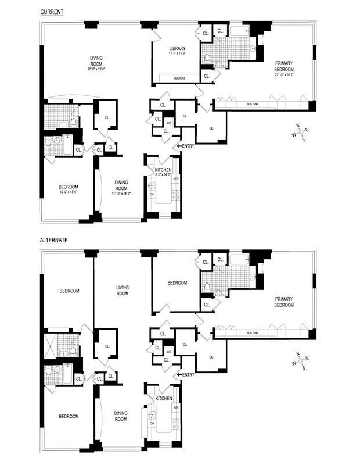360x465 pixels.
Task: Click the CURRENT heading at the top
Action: tap(51, 12)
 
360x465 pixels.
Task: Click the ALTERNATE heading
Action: tap(53, 239)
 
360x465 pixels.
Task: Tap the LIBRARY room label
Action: tap(177, 48)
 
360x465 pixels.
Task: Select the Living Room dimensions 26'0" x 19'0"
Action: tap(96, 69)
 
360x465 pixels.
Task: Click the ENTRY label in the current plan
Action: tap(187, 146)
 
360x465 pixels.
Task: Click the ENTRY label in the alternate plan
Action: tap(187, 375)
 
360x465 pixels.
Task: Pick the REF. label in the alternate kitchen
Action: tap(175, 409)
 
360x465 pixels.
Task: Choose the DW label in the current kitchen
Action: tap(152, 194)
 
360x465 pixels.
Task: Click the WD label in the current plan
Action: tap(168, 123)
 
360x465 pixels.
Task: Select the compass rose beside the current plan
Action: tap(301, 131)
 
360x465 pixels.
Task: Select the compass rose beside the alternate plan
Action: tap(301, 360)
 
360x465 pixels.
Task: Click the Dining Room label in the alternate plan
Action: tap(121, 416)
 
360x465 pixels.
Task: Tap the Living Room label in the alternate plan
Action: tap(122, 290)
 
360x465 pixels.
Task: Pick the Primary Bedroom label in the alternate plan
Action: tap(285, 302)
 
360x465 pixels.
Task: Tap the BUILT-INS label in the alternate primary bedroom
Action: tap(253, 333)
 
